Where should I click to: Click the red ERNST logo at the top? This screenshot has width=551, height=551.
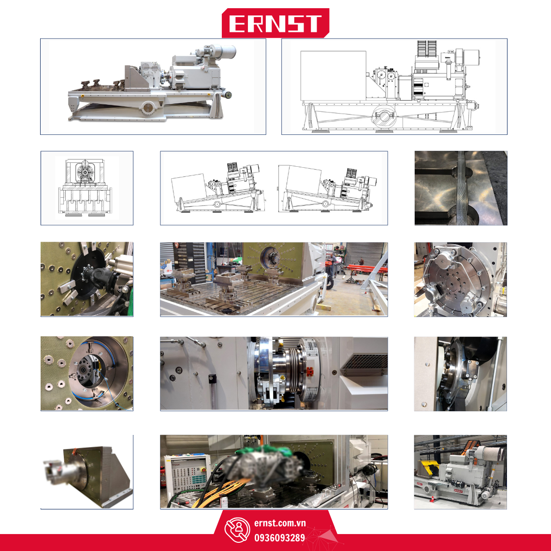[x=275, y=23]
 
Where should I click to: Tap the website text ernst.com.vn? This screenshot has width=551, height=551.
[x=280, y=523]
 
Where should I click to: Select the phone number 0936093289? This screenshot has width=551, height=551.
[x=280, y=537]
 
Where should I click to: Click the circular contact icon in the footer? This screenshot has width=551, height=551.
[x=237, y=530]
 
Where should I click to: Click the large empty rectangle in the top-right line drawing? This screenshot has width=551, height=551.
[x=333, y=75]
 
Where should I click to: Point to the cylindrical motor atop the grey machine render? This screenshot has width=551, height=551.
[x=221, y=52]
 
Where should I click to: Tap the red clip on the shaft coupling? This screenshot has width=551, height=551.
[x=310, y=371]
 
